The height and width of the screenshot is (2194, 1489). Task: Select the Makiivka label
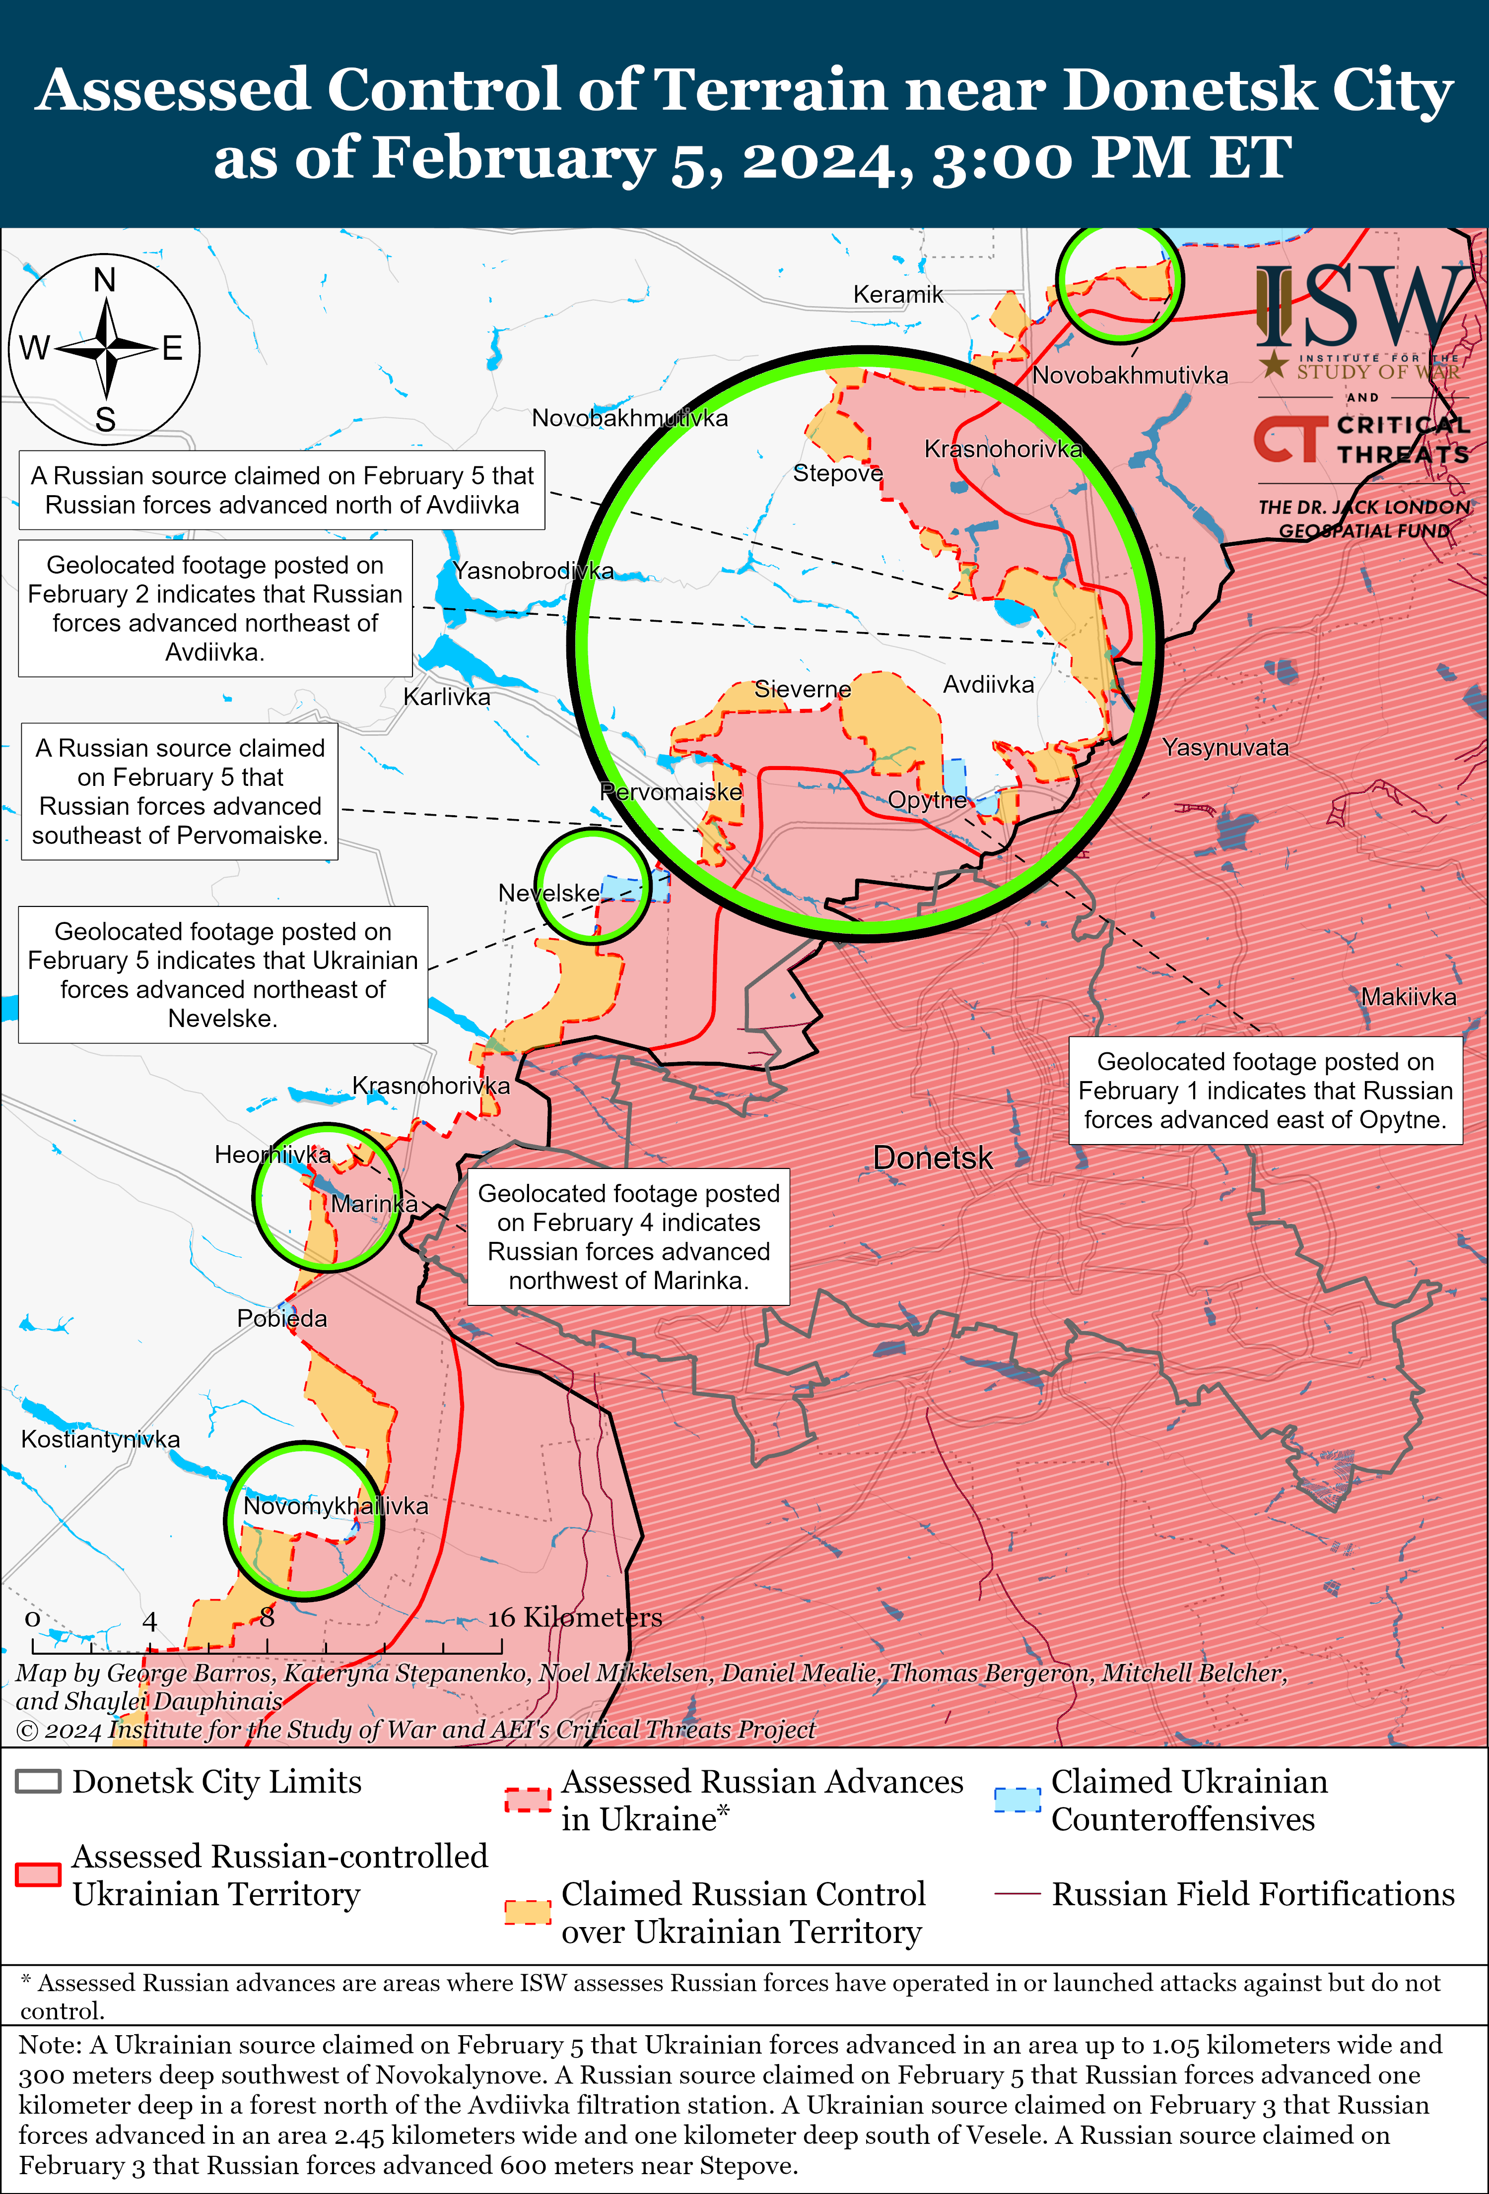point(1408,997)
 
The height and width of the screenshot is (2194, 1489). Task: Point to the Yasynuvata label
point(1224,748)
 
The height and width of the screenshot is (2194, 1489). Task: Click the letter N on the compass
point(105,280)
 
